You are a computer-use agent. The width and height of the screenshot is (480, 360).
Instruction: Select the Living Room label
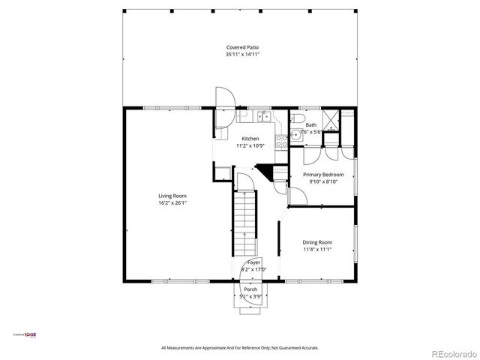[172, 196]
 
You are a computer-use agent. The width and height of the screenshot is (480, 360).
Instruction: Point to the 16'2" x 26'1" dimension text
[172, 203]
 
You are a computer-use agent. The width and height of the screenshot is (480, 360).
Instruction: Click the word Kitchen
[250, 138]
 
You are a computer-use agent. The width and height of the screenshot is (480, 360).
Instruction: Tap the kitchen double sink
[263, 116]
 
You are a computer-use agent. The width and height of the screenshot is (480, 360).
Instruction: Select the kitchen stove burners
[283, 139]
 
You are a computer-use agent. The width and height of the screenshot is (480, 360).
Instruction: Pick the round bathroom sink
[296, 136]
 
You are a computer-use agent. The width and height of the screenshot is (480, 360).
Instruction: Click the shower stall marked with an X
[348, 121]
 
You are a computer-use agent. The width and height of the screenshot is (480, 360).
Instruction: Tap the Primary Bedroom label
[322, 174]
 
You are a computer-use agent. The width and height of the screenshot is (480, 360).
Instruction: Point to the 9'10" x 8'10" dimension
[322, 181]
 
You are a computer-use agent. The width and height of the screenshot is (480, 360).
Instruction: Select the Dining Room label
[317, 242]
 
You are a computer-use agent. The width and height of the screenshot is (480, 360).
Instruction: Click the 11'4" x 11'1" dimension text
[317, 250]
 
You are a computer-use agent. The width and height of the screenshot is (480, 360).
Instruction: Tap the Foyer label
[254, 262]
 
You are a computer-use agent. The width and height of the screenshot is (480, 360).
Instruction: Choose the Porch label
[250, 289]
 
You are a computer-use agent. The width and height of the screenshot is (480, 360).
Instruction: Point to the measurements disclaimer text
[240, 348]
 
